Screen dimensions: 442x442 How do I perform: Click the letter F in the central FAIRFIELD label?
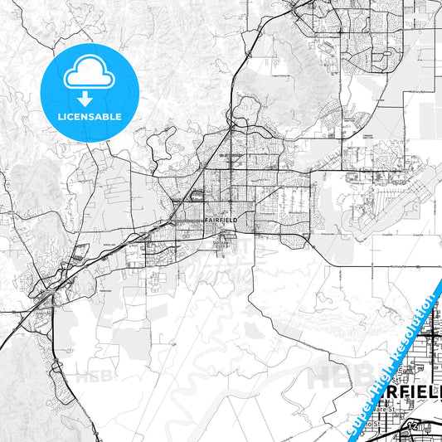(206, 220)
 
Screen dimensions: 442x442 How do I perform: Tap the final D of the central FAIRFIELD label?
(235, 220)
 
